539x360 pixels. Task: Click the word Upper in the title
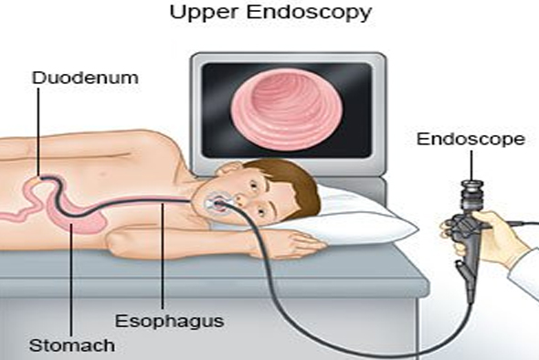(204, 13)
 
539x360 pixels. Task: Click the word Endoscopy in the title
(310, 13)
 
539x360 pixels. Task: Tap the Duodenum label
(85, 78)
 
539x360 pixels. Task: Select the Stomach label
(72, 345)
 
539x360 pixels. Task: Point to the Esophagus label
(170, 321)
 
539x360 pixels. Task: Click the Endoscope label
(470, 139)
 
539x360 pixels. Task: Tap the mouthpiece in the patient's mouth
(218, 203)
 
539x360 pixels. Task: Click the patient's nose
(240, 199)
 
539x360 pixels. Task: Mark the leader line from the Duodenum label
(37, 132)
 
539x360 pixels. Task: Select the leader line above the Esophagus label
(163, 256)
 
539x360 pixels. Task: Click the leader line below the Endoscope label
(471, 165)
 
